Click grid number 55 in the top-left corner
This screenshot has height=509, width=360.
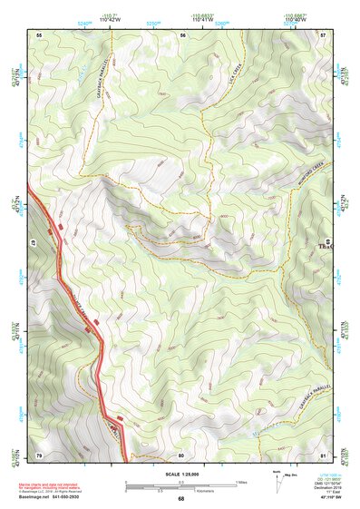coord(39,34)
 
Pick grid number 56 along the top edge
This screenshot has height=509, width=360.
coord(182,34)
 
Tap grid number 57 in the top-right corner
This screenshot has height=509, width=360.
coord(324,34)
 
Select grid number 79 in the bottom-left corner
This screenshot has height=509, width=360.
coord(39,454)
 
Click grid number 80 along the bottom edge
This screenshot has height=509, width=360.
coord(181,454)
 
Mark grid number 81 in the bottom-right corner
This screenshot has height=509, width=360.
coord(324,454)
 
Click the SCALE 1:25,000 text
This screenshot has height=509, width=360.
coord(180,475)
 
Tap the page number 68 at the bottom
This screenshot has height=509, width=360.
coord(180,499)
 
